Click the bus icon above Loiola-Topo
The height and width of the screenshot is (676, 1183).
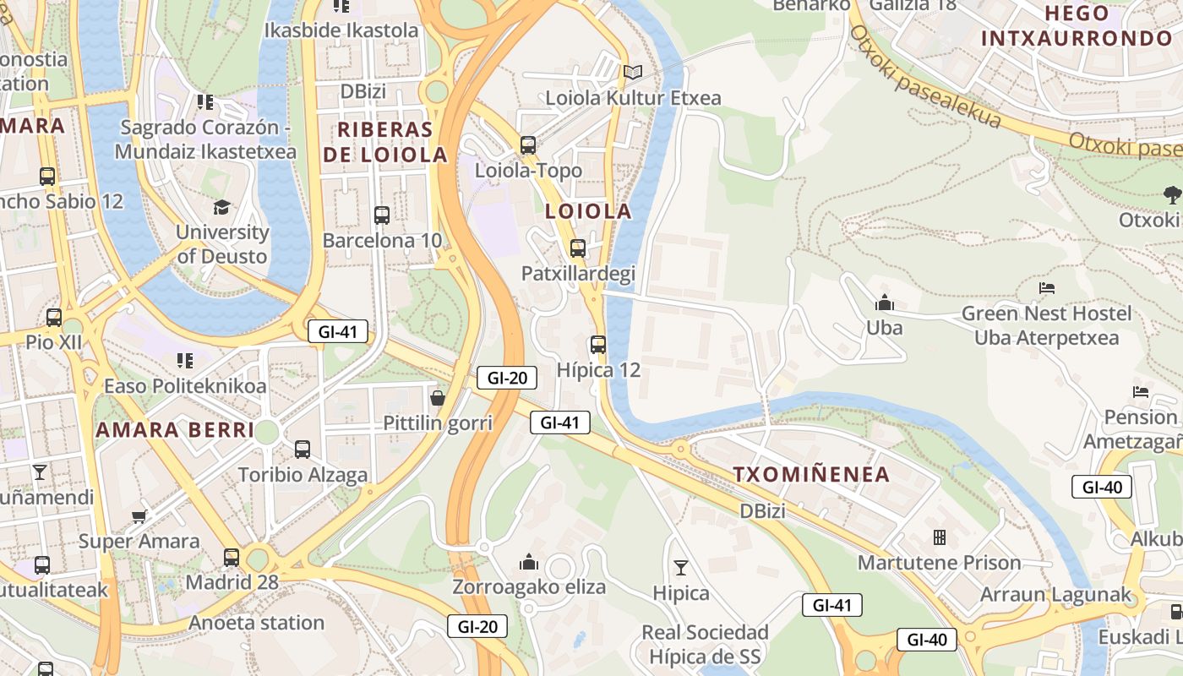coord(528,145)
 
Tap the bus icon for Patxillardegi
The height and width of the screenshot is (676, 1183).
coord(578,248)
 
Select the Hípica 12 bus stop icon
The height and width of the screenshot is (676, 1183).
coord(598,345)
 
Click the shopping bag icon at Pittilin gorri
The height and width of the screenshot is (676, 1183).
coord(438,397)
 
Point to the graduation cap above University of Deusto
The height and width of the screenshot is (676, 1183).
coord(221,207)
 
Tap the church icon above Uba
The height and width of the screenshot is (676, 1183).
coord(885,303)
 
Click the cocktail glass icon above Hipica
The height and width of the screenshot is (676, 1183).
coord(680,568)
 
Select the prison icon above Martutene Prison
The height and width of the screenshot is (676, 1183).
coord(939,537)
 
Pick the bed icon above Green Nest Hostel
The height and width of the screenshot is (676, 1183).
coord(1046,288)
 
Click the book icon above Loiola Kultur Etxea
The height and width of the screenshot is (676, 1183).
coord(633,73)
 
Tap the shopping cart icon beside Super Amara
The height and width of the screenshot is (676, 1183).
coord(139,515)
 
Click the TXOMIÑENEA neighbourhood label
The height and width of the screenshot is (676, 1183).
coord(811,474)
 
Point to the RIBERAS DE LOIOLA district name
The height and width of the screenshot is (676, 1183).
coord(385,142)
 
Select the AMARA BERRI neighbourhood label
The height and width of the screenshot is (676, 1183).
coord(175,430)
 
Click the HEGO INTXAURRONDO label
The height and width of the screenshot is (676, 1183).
coord(1077,26)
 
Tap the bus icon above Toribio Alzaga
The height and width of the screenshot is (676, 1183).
coord(303,450)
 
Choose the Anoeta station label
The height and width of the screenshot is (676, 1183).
coord(256,623)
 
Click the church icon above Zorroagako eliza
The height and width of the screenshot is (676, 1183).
coord(529,562)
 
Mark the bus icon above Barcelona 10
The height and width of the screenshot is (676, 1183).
coord(382,215)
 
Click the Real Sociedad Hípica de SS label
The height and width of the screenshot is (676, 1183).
coord(705,644)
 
